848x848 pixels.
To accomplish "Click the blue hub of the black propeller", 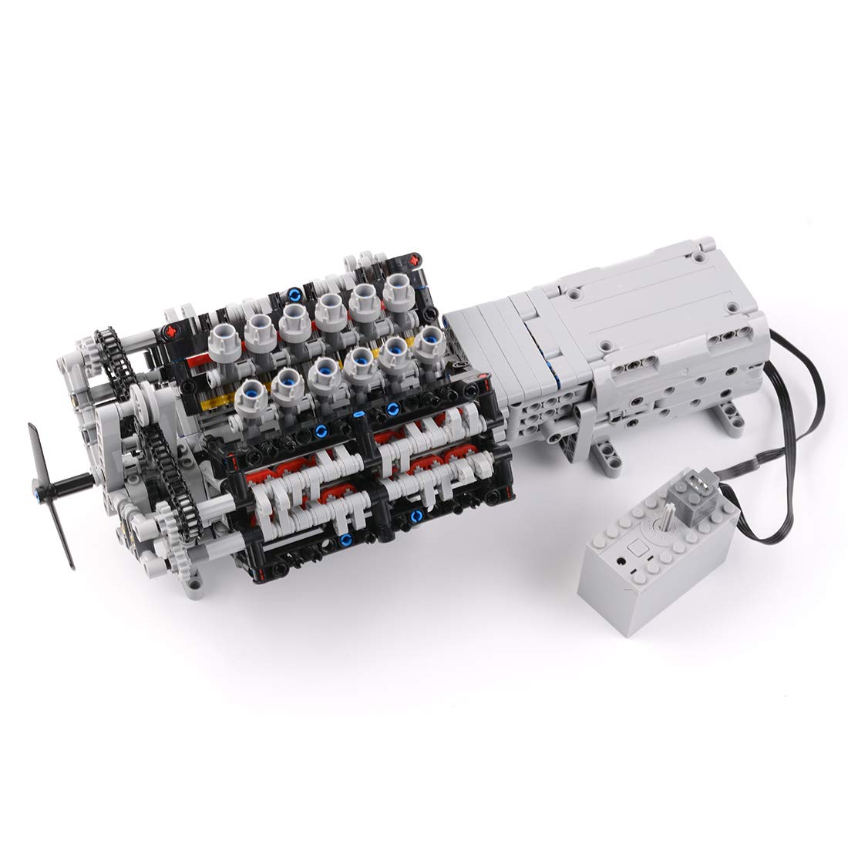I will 36,486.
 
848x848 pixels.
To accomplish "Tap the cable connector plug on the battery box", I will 691,490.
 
